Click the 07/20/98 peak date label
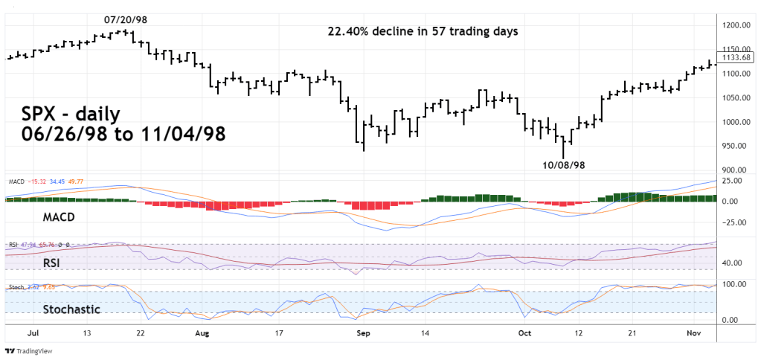[x=126, y=19]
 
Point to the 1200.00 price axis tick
[x=739, y=25]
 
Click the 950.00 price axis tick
[x=739, y=147]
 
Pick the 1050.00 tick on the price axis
[x=739, y=98]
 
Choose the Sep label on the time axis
[x=363, y=334]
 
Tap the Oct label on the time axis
[x=524, y=334]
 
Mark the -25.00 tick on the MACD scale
[x=737, y=222]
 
